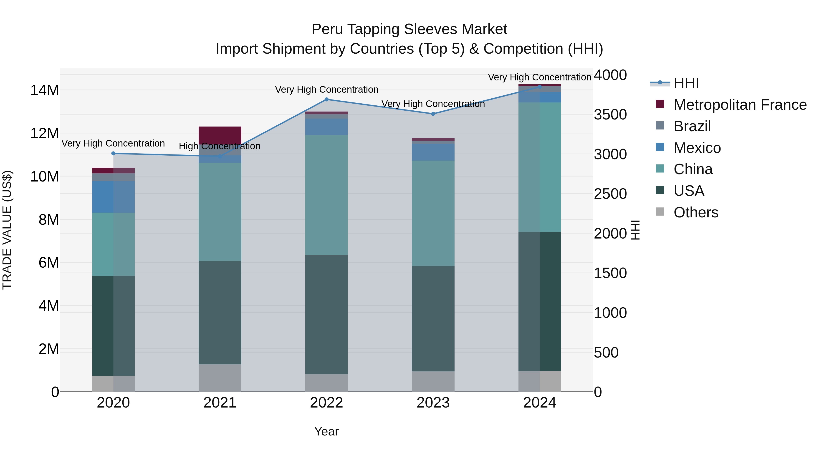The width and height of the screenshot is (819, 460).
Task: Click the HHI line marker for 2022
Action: pyautogui.click(x=326, y=99)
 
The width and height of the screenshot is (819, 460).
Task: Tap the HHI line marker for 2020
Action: pyautogui.click(x=114, y=153)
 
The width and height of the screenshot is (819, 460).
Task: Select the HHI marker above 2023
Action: pyautogui.click(x=433, y=114)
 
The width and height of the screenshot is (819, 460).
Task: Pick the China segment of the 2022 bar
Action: pyautogui.click(x=326, y=195)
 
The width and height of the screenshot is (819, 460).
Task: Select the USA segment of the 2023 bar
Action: pyautogui.click(x=433, y=318)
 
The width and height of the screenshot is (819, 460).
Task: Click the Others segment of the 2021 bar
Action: pyautogui.click(x=220, y=378)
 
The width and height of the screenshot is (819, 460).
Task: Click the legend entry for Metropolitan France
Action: pyautogui.click(x=740, y=105)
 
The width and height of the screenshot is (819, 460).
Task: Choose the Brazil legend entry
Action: pyautogui.click(x=692, y=126)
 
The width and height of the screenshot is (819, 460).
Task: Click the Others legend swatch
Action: pyautogui.click(x=660, y=212)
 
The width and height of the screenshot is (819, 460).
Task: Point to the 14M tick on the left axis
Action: pyautogui.click(x=45, y=90)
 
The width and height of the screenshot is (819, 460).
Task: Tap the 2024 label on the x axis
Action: pyautogui.click(x=540, y=403)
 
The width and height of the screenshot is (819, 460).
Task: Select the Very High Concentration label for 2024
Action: pyautogui.click(x=540, y=77)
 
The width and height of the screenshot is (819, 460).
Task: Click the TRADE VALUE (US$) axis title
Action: pyautogui.click(x=7, y=230)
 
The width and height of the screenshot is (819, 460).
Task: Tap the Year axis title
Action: pyautogui.click(x=326, y=431)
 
